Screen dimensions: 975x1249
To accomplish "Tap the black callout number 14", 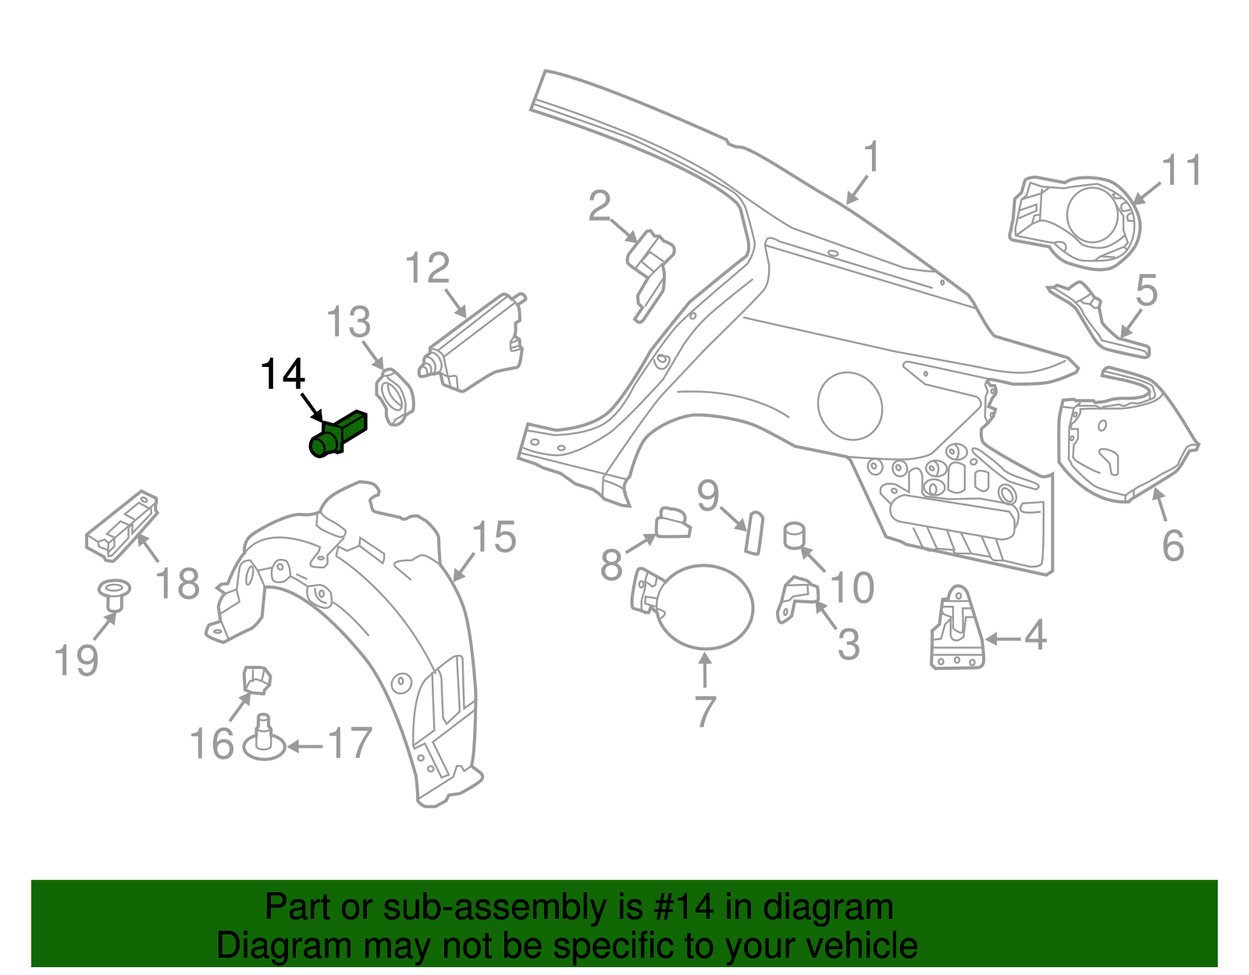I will click(282, 375).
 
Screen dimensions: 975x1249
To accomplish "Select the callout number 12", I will click(427, 269).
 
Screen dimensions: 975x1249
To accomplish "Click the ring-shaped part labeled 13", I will click(395, 397).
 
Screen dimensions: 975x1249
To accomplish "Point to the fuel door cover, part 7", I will click(706, 607).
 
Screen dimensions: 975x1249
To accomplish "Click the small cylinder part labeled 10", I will click(794, 536).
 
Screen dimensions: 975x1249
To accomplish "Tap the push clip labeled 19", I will click(113, 595).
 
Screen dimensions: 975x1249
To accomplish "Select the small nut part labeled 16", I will click(256, 679).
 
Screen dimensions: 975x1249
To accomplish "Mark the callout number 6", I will click(1172, 546).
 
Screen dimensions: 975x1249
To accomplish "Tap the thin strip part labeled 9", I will click(753, 532).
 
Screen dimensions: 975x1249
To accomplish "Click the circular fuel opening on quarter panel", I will click(849, 406).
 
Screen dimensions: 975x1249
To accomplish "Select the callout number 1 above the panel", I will click(872, 157).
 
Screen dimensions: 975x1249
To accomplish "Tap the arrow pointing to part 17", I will click(304, 746).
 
